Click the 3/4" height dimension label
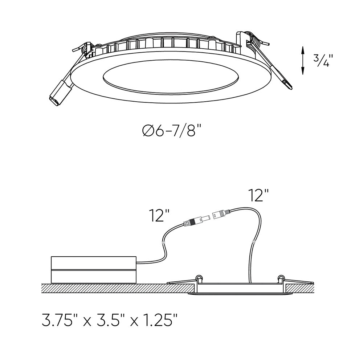coord(322,61)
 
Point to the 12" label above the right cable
coord(258,195)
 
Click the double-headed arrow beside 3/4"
coord(302,60)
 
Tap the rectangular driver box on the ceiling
coord(94,269)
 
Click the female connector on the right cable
coord(221,214)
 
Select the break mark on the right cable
coord(254,241)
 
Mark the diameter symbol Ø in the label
coord(147,131)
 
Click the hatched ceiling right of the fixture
coord(300,289)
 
